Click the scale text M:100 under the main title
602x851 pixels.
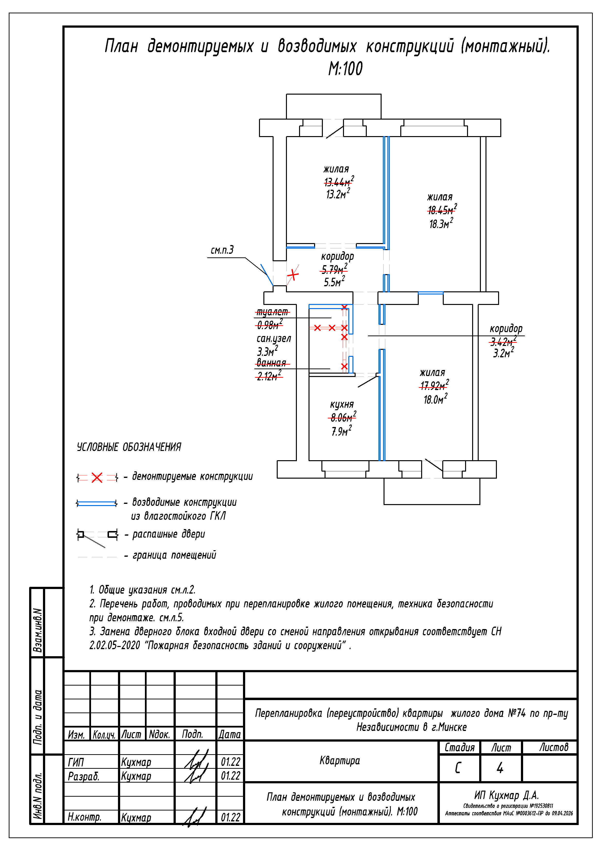[x=345, y=69]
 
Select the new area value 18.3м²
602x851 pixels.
[x=441, y=223]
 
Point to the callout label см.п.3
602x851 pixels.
[x=222, y=250]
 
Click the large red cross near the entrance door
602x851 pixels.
[x=293, y=275]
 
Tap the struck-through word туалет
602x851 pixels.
[x=272, y=312]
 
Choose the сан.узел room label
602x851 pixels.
[x=274, y=338]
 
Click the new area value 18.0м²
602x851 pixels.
[x=435, y=399]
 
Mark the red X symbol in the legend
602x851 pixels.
[x=97, y=477]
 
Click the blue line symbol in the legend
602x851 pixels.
[x=97, y=503]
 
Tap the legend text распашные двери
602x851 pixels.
[x=168, y=534]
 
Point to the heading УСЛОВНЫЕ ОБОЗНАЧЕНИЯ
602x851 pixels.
[x=129, y=447]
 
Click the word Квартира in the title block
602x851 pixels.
[x=340, y=761]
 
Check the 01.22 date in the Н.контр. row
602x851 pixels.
[x=230, y=817]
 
